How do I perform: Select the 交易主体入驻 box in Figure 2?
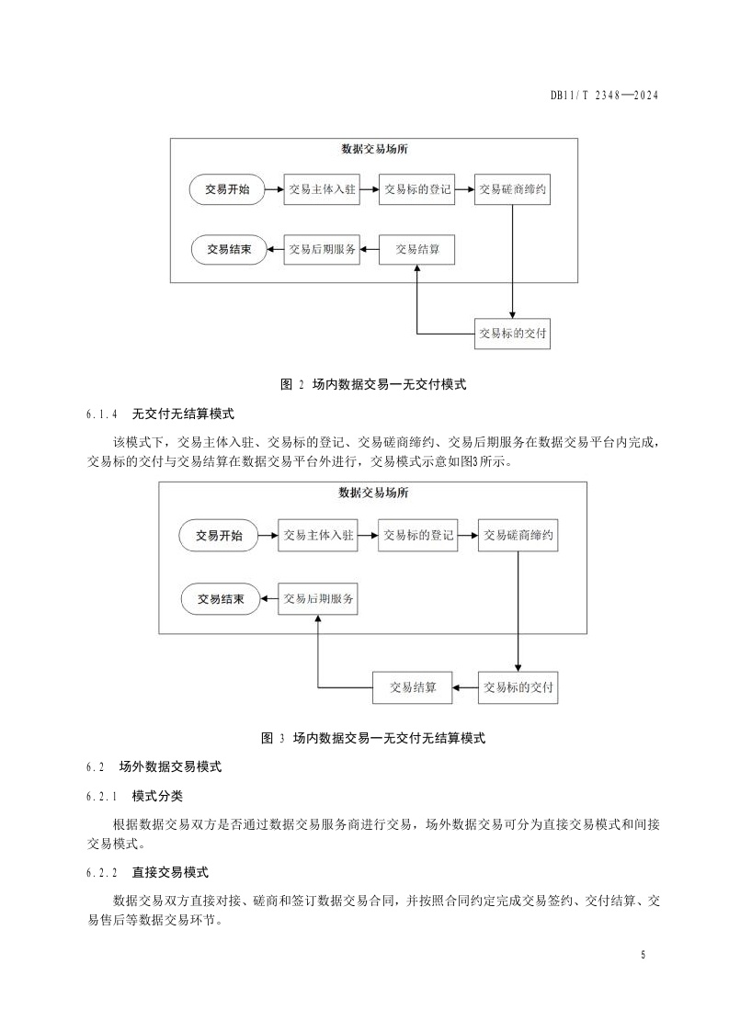point(321,190)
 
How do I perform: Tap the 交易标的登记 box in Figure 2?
point(416,190)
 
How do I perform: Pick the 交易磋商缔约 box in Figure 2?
point(513,190)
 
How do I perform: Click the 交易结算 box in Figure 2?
point(416,248)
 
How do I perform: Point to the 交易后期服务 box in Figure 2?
point(321,248)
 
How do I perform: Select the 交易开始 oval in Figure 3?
point(219,536)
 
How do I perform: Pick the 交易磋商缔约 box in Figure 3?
point(518,536)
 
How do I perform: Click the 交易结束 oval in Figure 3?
point(221,600)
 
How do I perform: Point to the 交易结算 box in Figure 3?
point(413,686)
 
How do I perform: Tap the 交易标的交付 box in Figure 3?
point(518,686)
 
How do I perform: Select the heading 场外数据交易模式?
point(170,765)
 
